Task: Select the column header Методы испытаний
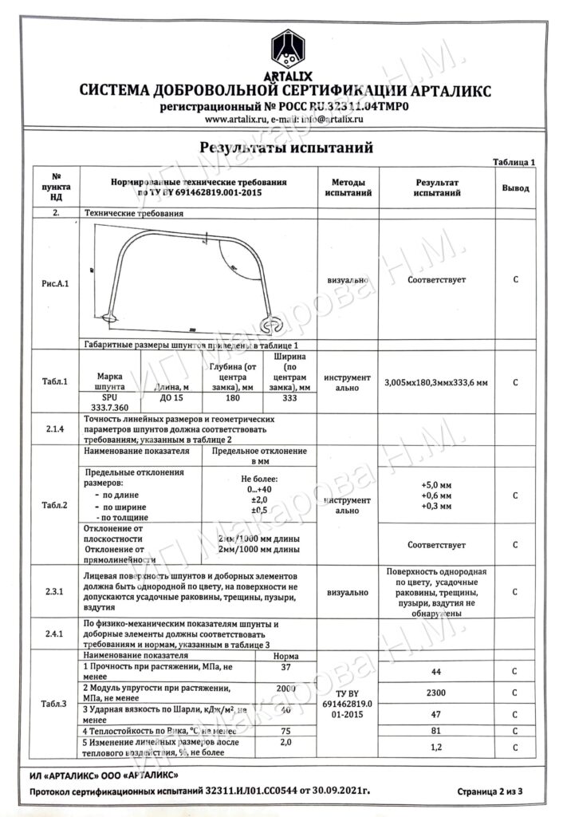click(347, 187)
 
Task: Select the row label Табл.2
click(55, 505)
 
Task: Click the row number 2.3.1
click(55, 592)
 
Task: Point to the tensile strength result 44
click(435, 673)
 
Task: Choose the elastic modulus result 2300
click(435, 693)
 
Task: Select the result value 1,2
click(435, 747)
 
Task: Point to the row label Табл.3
click(55, 703)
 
